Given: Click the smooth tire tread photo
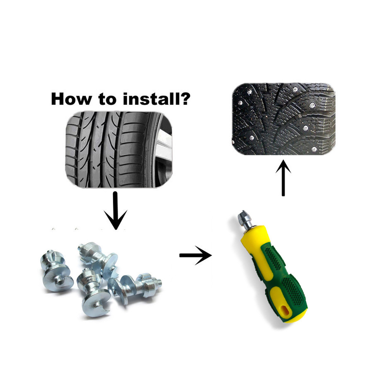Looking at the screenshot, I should [x=112, y=149].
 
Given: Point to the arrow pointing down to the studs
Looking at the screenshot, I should [x=115, y=209].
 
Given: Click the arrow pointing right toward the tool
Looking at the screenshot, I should [x=195, y=255].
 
